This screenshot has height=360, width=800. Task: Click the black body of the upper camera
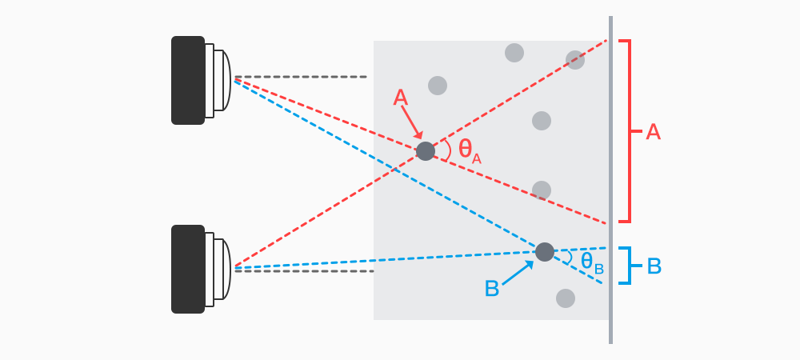(187, 80)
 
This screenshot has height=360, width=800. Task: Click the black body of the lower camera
(187, 269)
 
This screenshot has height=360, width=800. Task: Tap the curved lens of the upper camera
(225, 80)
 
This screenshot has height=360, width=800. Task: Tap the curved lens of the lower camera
(225, 269)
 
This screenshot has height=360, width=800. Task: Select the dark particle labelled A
(426, 151)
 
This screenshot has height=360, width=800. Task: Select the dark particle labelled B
(545, 252)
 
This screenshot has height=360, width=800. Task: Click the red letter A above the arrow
(402, 98)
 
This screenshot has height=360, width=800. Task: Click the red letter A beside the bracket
(653, 132)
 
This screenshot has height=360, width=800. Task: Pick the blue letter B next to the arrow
(492, 289)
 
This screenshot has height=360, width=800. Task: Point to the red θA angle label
(469, 150)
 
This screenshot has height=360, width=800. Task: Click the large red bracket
(630, 130)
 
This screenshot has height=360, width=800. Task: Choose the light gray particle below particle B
(566, 298)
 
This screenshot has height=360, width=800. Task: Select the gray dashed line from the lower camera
(304, 271)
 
